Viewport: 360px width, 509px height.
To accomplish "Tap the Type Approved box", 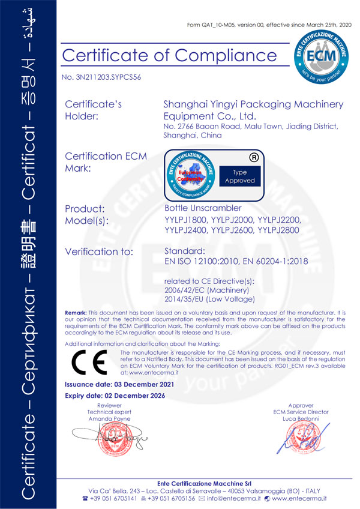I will [x=240, y=176].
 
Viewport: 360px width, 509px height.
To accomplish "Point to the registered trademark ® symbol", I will [x=254, y=158].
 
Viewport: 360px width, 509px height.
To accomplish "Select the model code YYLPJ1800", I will [x=185, y=220].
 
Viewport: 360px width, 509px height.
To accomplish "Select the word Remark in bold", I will [x=76, y=313].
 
